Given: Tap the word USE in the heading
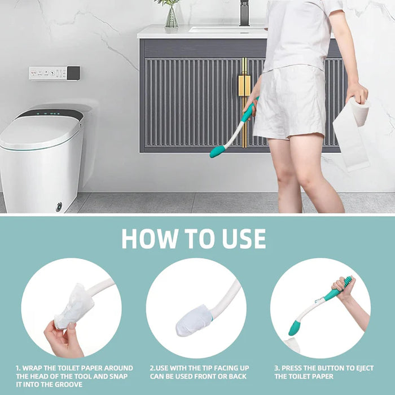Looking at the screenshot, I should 240,238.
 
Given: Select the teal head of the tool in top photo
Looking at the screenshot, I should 217,151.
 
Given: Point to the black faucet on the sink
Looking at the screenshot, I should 244,12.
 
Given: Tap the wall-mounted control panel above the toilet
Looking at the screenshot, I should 54,73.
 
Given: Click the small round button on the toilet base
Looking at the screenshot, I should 59,207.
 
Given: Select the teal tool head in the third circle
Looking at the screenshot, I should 294,328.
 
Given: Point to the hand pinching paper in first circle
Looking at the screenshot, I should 63,339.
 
